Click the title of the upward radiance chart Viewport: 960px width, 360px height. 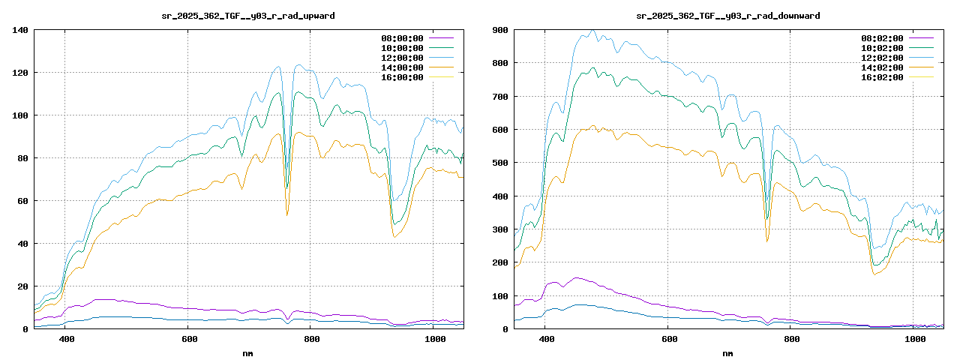pos(248,15)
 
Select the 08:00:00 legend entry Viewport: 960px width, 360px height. pos(402,38)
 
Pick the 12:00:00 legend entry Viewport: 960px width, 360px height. pos(402,58)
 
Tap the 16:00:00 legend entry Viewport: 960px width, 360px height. pos(402,77)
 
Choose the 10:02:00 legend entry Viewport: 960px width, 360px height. pos(882,48)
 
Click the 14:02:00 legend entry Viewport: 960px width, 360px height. pos(882,67)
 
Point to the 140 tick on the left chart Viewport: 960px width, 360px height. pos(20,30)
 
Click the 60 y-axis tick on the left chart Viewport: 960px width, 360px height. pos(22,201)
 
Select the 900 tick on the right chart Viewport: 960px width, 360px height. pos(500,30)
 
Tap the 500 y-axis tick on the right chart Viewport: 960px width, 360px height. pos(500,163)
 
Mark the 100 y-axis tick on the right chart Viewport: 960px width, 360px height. pos(500,296)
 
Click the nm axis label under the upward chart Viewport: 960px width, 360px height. pos(248,352)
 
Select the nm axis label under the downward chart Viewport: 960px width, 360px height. pos(727,352)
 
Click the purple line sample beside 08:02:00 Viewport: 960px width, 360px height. pos(921,38)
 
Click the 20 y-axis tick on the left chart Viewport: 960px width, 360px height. pos(22,286)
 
